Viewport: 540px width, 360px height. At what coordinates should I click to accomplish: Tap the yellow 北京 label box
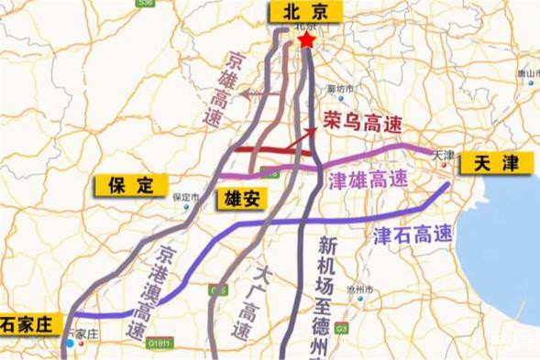302,12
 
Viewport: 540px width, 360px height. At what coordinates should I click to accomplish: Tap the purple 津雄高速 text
364,178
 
